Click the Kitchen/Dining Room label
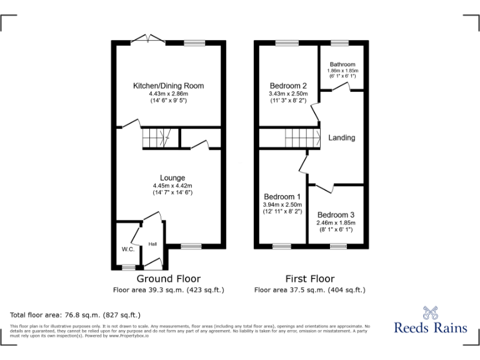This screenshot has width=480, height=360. (168, 86)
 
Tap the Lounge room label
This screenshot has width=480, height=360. (172, 178)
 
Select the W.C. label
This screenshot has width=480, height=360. (127, 249)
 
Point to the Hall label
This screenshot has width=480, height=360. (152, 244)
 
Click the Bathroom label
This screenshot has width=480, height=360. (342, 64)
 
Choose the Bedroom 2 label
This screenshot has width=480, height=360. (288, 86)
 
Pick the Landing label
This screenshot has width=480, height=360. (342, 137)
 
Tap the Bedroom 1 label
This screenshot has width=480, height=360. (282, 196)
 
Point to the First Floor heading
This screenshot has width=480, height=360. (309, 279)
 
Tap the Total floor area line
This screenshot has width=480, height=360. (76, 314)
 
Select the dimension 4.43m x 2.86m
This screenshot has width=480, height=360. (168, 94)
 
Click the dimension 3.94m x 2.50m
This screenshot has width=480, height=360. (282, 204)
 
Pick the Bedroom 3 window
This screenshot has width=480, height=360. (338, 246)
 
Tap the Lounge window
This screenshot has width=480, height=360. (191, 246)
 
